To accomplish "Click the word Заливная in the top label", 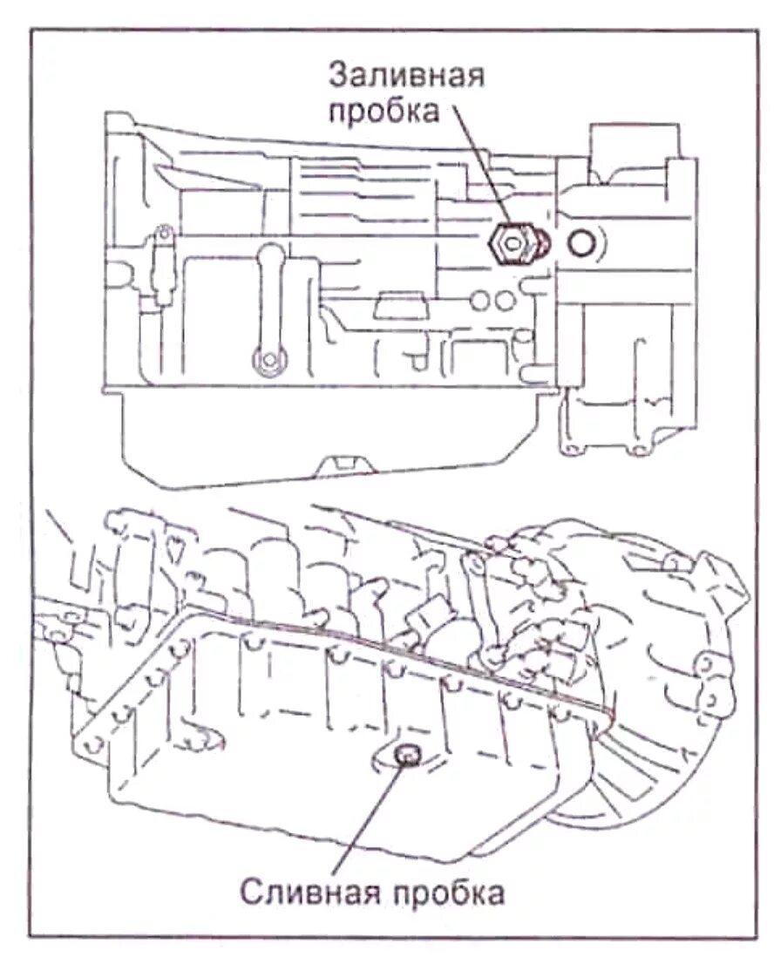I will (405, 75).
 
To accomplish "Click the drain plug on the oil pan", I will (405, 756).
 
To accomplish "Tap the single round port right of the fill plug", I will (581, 243).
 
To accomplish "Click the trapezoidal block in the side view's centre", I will (397, 309).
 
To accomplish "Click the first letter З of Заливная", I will (337, 75).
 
